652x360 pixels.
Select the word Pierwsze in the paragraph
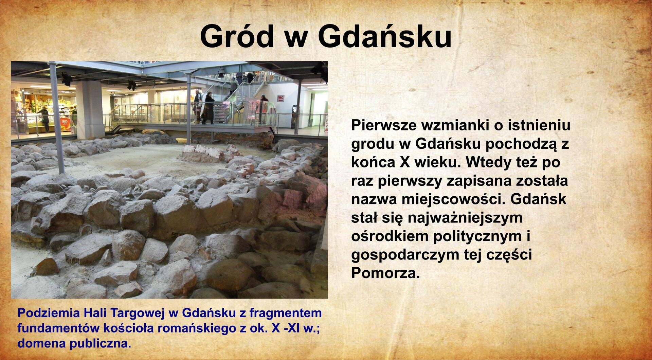pos(383,125)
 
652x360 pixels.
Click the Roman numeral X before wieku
pos(405,162)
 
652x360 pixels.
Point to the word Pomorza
pos(385,273)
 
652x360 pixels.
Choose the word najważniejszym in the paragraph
pos(465,218)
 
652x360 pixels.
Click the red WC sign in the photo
pos(280,98)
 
